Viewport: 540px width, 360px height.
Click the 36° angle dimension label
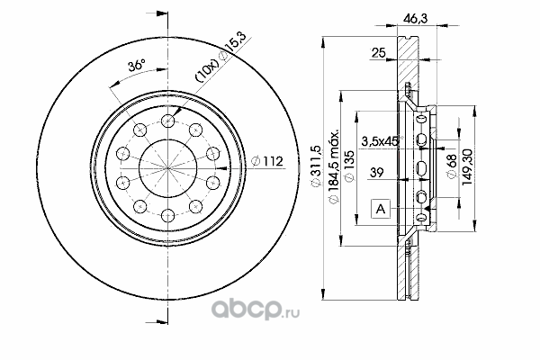coord(137,65)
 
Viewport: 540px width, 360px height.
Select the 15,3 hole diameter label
coord(236,42)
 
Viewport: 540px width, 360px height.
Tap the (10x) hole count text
coord(207,71)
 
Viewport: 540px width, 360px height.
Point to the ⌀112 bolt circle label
coord(267,161)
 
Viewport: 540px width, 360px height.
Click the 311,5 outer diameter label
coord(316,166)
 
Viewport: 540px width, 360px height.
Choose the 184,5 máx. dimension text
coord(334,166)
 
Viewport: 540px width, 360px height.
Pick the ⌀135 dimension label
coord(349,166)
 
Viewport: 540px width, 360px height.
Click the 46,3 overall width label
coord(415,17)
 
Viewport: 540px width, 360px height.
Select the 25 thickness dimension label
coord(378,52)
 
